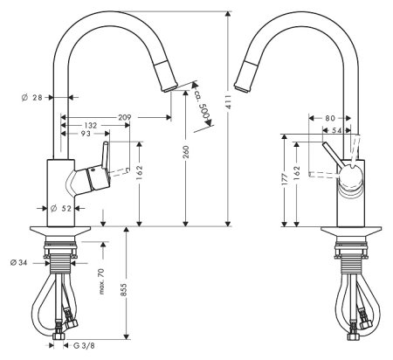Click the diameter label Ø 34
(18, 261)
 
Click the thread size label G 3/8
(86, 346)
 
